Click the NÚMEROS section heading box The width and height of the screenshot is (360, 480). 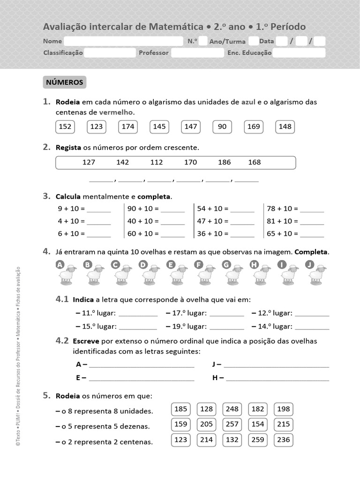[65, 82]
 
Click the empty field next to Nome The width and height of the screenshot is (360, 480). [123, 41]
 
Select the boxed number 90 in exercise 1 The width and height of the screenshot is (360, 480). [222, 127]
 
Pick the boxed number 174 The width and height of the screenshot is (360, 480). [128, 127]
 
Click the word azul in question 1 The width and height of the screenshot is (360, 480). [248, 102]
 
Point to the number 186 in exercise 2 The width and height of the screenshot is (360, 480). [225, 162]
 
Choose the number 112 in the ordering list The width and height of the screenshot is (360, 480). [157, 162]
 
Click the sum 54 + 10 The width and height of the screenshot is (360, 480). [212, 209]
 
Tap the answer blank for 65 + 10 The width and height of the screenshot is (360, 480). [312, 234]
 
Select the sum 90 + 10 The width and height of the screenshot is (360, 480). [143, 209]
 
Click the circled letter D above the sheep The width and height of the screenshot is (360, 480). [143, 265]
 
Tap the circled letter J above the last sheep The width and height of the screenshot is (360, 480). [309, 265]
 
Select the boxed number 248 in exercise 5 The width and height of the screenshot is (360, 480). [232, 409]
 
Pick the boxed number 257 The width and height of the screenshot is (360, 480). [232, 424]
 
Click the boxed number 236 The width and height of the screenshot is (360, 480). [284, 440]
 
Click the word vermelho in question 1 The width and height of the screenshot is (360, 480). [116, 112]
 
